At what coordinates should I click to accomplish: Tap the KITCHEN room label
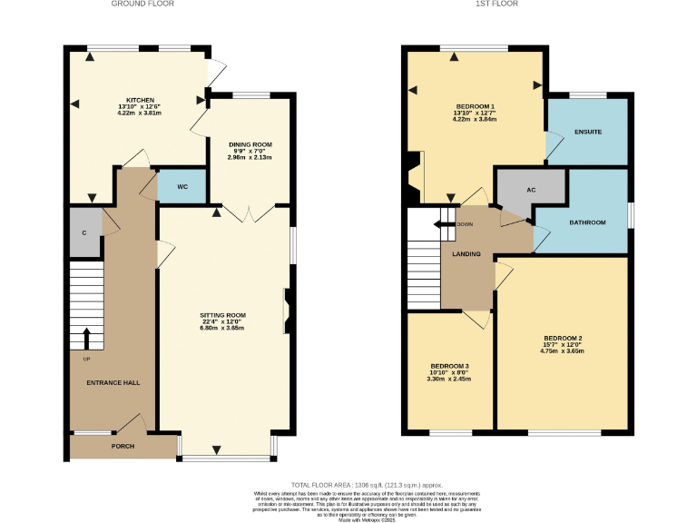pos(140,100)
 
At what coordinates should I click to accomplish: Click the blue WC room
pos(182,187)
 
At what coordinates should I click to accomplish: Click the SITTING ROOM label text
pos(223,315)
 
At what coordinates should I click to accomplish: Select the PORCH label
pos(123,447)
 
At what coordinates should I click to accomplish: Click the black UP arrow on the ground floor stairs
pos(86,339)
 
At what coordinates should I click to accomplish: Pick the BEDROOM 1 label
pos(475,106)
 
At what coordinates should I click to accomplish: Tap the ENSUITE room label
pos(588,133)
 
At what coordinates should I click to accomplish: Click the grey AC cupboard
pos(531,192)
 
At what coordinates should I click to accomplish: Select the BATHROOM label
pos(587,222)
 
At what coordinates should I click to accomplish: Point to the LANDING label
pos(466,253)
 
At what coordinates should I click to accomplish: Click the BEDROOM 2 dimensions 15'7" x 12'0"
pos(562,345)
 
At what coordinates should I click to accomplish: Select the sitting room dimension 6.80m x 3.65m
pos(223,328)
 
